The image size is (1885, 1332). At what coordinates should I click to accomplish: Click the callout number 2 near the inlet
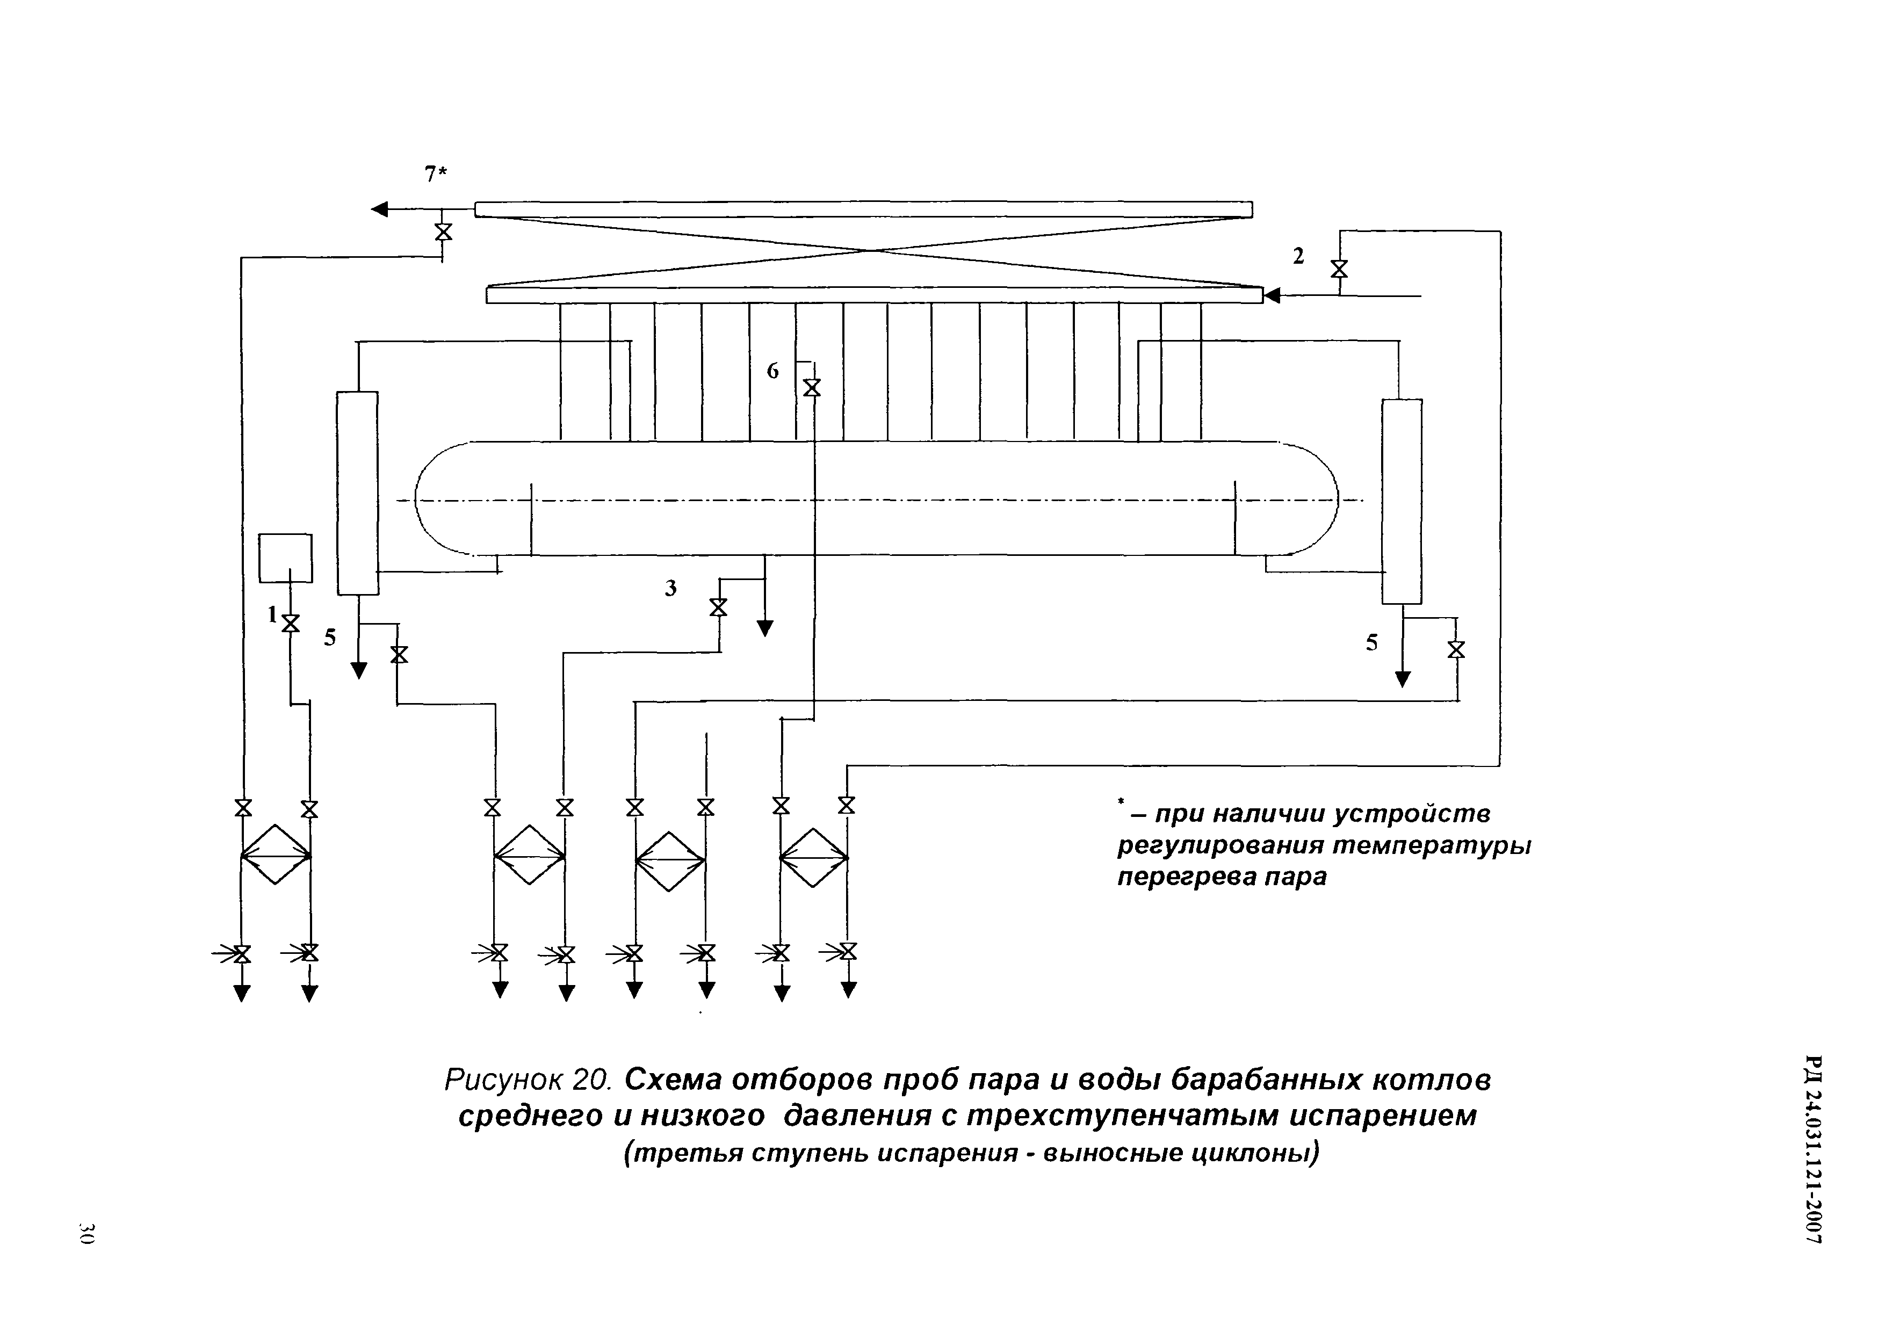[1298, 256]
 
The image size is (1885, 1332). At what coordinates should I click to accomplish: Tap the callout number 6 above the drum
[772, 371]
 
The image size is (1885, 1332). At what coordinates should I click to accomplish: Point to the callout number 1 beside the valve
[272, 614]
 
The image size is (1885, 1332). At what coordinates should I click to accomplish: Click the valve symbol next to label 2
[1339, 269]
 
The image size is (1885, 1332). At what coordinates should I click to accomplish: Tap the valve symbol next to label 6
[812, 387]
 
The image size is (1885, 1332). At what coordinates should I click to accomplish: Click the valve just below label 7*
[443, 232]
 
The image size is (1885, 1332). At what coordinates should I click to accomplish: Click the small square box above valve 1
[286, 558]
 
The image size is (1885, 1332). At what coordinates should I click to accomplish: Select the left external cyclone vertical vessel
[358, 493]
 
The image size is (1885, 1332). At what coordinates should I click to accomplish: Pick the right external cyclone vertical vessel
[1402, 502]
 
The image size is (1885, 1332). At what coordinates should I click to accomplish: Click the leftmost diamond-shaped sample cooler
[276, 855]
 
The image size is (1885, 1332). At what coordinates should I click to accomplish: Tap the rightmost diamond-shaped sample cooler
[814, 858]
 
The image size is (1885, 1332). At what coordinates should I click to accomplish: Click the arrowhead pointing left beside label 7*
[379, 209]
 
